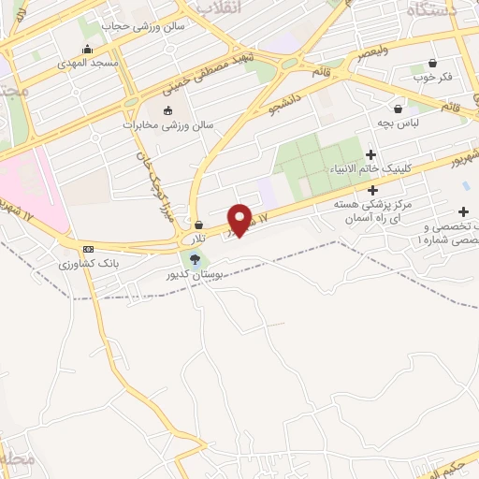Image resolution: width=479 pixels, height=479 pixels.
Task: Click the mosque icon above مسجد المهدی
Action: (88, 48)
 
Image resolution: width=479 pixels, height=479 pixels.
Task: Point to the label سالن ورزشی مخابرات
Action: (168, 123)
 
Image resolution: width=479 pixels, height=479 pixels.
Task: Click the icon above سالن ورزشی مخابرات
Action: (168, 110)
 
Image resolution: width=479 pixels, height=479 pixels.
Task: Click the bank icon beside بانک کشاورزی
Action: (89, 249)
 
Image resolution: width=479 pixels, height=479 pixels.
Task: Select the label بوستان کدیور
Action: (196, 275)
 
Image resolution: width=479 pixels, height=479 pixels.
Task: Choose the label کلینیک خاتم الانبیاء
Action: (371, 168)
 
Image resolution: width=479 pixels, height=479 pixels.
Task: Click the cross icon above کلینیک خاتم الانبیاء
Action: (371, 154)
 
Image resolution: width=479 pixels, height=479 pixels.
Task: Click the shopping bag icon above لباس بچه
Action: (399, 109)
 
